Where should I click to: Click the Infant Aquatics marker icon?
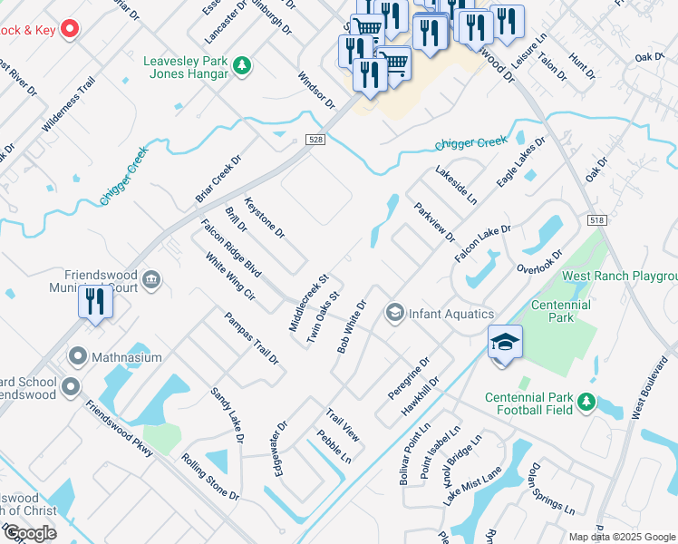click(x=394, y=314)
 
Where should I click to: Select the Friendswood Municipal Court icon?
click(x=152, y=277)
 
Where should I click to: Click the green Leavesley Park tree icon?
click(x=241, y=65)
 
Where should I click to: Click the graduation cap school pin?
click(x=505, y=342)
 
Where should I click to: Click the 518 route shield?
click(x=596, y=220)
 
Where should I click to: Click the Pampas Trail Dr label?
click(x=252, y=337)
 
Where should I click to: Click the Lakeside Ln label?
click(x=455, y=184)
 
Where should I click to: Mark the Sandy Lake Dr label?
click(x=228, y=415)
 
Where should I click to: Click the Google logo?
click(x=30, y=533)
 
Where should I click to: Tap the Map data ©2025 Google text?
click(x=621, y=537)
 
